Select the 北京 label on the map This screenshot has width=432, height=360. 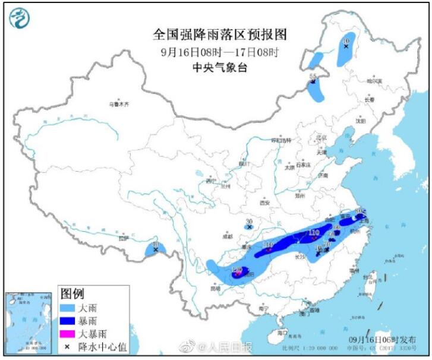click(321, 138)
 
